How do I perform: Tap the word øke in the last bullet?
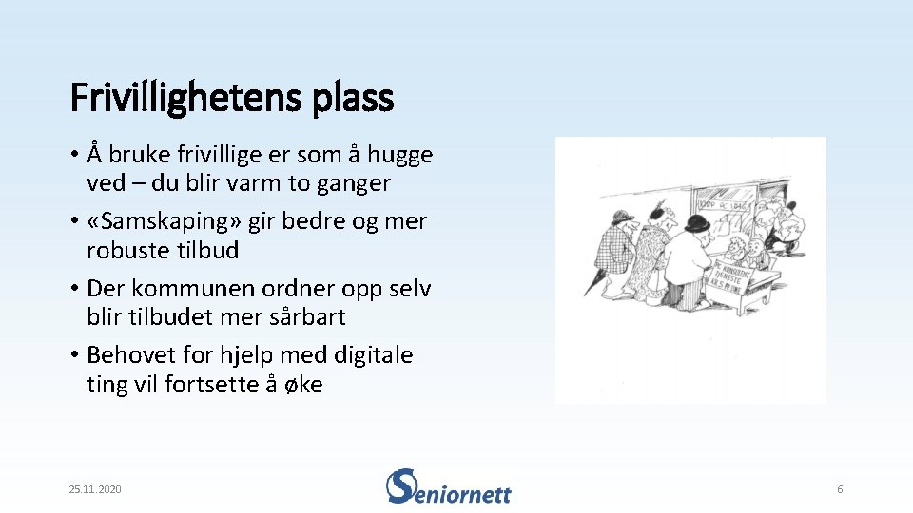click(x=302, y=385)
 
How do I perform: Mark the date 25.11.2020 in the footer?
click(x=95, y=489)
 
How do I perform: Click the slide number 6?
click(x=840, y=489)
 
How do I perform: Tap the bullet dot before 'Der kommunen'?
click(x=74, y=288)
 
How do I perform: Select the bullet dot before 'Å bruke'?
click(x=74, y=155)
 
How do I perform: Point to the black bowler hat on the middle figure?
click(x=698, y=224)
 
